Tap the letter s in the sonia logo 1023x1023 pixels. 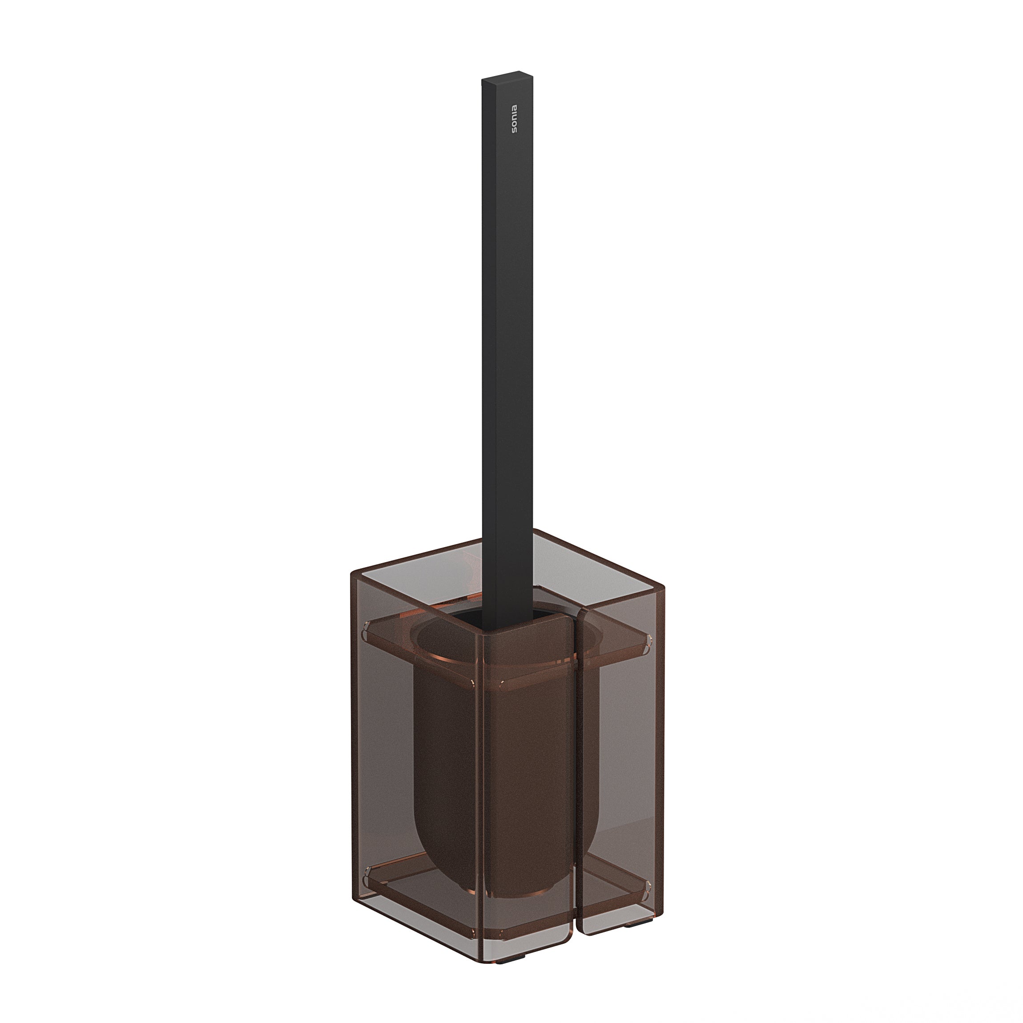click(514, 131)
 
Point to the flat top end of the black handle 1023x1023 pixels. click(507, 76)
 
